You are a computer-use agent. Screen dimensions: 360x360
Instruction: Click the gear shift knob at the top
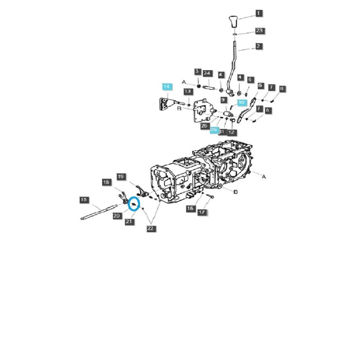tap(233, 22)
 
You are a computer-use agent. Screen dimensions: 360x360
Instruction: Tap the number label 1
tap(259, 13)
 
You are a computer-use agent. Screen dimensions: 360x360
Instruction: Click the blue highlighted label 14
tap(167, 86)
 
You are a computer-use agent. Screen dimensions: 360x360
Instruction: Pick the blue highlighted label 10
tap(241, 103)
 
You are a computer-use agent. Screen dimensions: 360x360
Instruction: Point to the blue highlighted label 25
tap(214, 130)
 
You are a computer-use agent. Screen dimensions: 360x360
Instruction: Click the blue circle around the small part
tap(134, 204)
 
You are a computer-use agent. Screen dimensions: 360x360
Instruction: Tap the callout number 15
tap(83, 199)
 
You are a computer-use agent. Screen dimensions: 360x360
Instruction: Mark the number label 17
tap(202, 212)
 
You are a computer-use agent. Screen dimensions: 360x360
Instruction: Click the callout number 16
tap(190, 208)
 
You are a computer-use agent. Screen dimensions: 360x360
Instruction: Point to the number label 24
tap(207, 73)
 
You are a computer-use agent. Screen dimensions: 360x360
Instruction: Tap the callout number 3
tap(198, 72)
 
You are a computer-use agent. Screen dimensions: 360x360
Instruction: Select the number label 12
tap(231, 132)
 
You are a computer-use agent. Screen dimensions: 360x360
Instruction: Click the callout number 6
tap(260, 85)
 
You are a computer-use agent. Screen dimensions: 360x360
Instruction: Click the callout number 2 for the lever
tap(259, 46)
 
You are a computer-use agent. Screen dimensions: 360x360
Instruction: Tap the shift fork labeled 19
tap(137, 190)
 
